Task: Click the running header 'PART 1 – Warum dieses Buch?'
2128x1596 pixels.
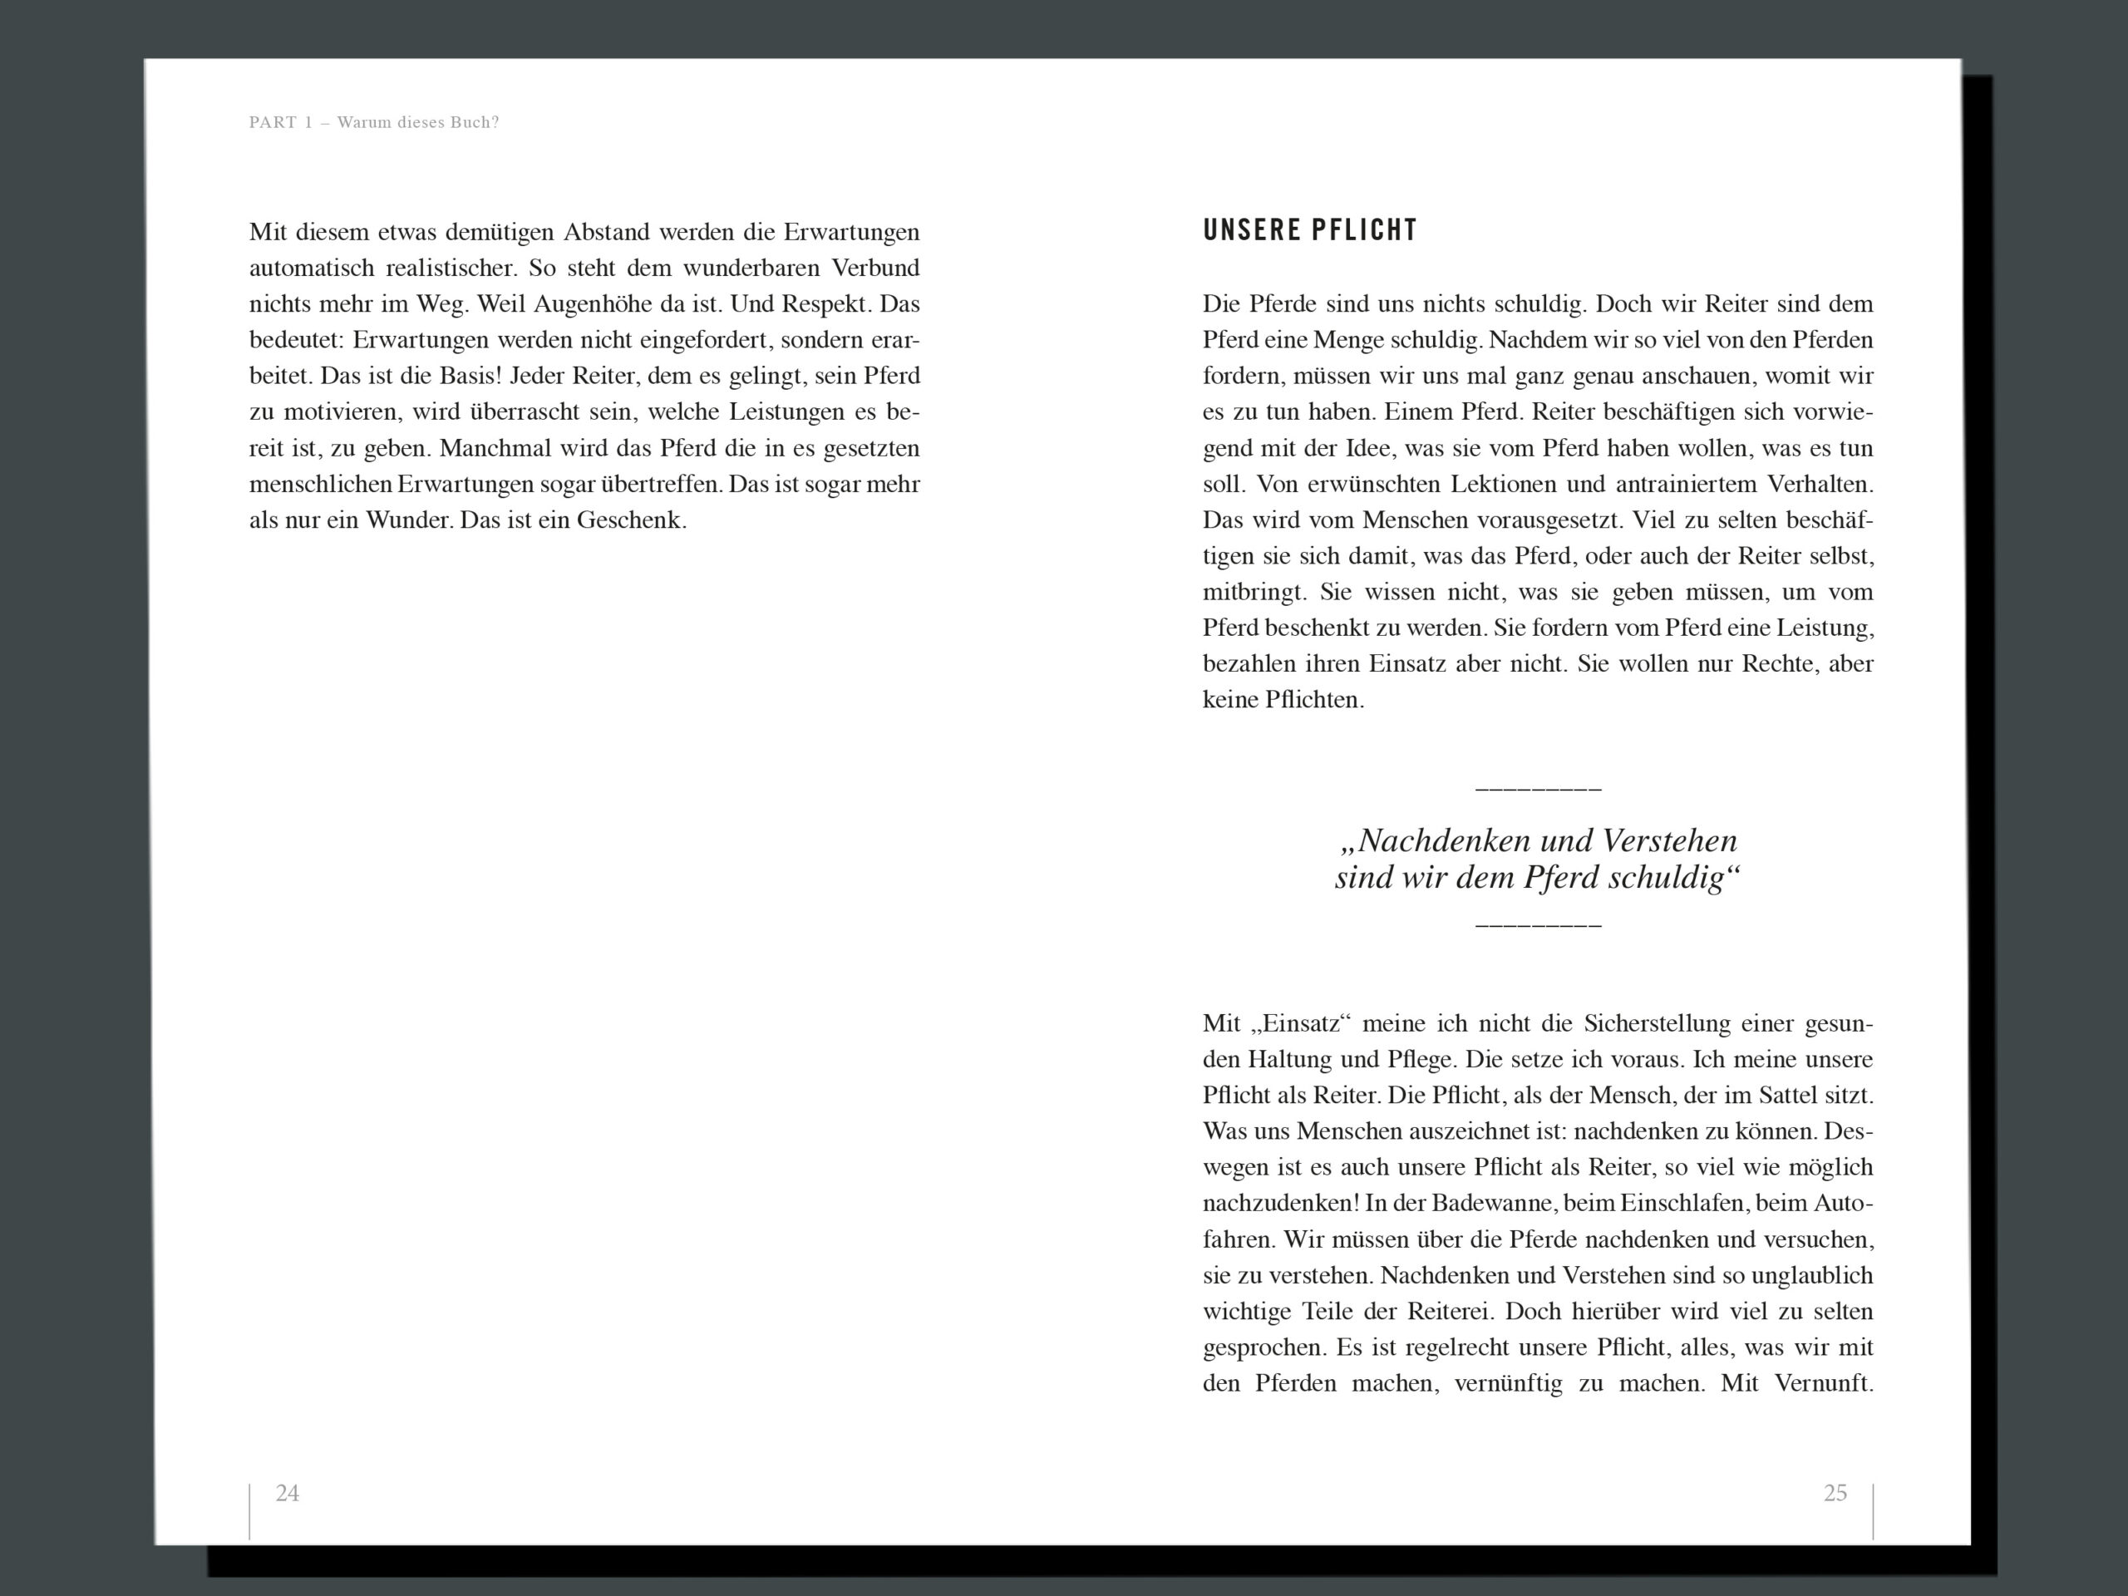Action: click(373, 122)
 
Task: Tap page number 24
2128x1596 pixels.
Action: click(287, 1493)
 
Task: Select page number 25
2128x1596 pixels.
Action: click(1835, 1493)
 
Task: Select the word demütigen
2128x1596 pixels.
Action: click(500, 232)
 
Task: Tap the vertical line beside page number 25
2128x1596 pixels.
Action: click(1873, 1510)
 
